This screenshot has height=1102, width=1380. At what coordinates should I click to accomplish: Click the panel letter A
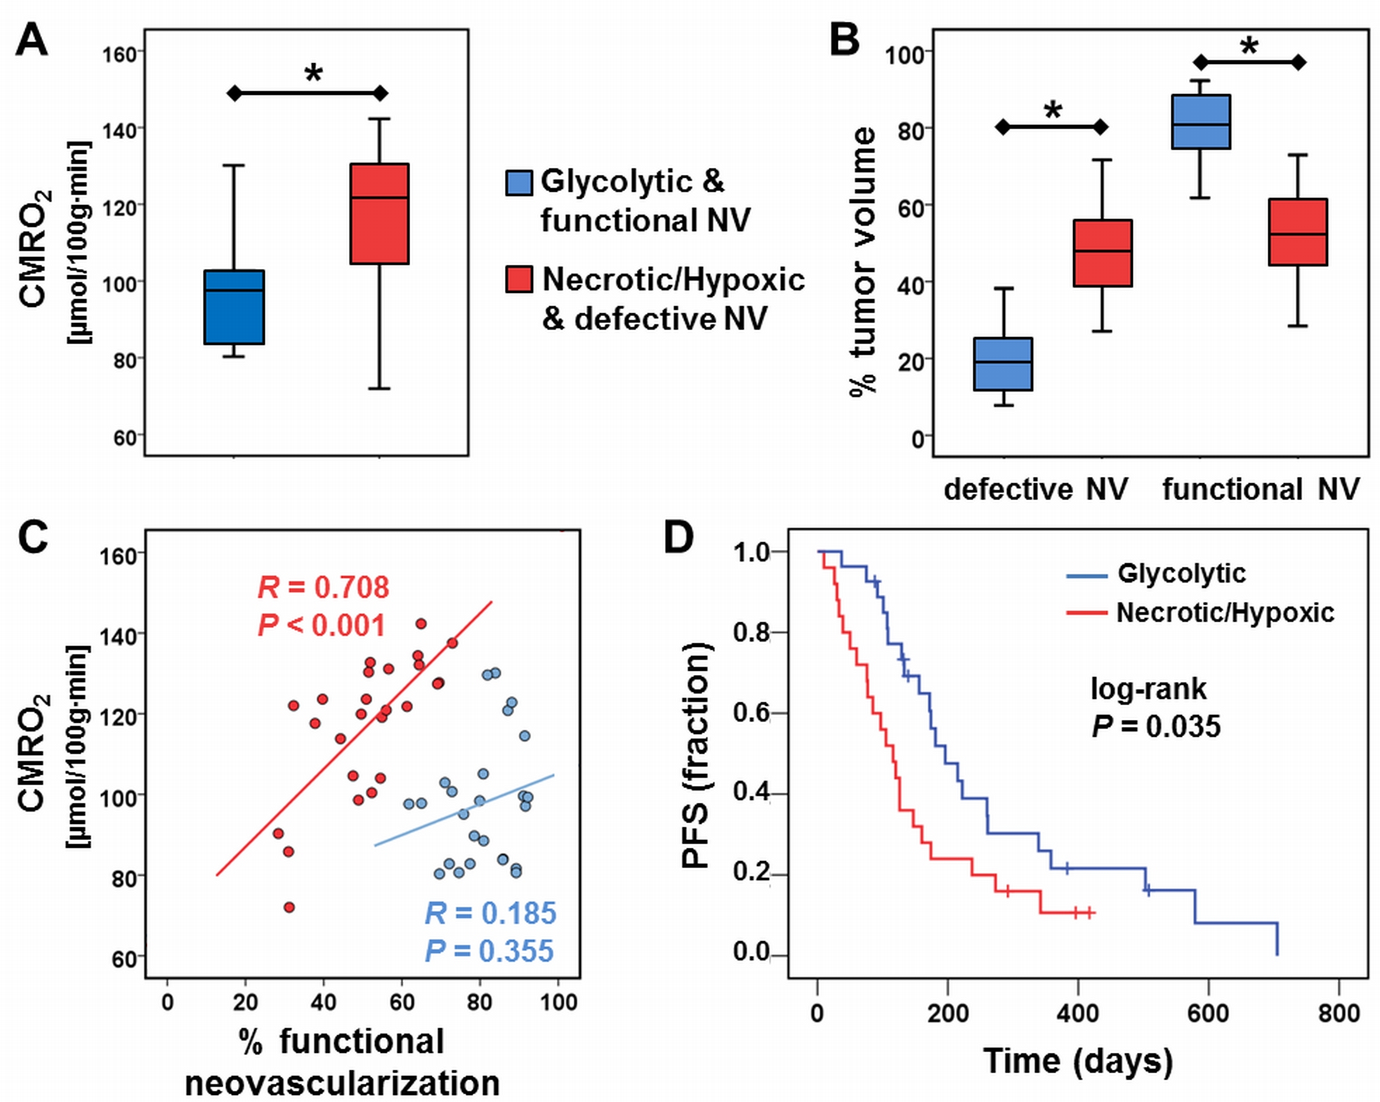coord(32,41)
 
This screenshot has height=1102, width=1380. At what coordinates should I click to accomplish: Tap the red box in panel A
coord(379,214)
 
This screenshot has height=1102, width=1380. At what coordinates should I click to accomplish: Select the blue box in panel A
coord(234,307)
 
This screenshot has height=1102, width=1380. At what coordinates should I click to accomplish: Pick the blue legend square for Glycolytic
coord(519,182)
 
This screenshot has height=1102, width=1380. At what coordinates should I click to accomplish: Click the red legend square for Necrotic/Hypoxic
coord(519,279)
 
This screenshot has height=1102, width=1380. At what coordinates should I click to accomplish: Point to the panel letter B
coord(844,41)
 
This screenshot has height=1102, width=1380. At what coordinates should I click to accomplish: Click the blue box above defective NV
coord(1003,364)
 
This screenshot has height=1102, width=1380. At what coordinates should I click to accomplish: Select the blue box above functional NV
coord(1201,122)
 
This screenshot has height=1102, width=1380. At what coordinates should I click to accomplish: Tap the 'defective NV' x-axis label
coord(1035,490)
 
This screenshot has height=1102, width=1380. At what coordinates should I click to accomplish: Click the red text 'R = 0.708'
coord(323,587)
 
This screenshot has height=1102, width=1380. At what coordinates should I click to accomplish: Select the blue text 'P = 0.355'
coord(489,951)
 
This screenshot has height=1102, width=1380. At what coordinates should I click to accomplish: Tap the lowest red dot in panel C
coord(289,907)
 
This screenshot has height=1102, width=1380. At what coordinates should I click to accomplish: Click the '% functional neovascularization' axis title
coord(342,1062)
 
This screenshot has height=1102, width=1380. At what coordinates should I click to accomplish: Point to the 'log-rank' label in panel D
coord(1148,689)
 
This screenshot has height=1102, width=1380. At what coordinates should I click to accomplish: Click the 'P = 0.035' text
coord(1156,726)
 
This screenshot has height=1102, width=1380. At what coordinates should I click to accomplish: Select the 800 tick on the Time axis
coord(1339,1013)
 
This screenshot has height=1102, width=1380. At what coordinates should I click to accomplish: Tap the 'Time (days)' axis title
coord(1078,1061)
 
